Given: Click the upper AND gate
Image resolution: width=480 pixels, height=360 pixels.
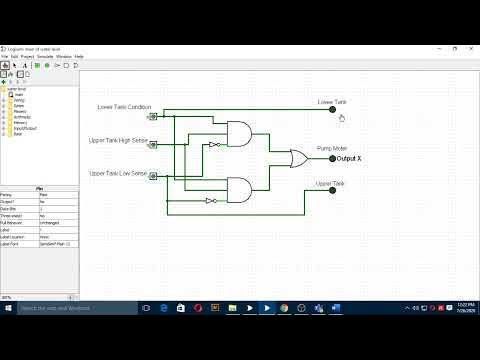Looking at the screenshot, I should point(241,134).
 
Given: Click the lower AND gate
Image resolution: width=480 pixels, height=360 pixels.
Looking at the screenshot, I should point(241,188).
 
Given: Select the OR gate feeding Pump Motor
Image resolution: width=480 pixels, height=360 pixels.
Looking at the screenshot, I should point(298,158).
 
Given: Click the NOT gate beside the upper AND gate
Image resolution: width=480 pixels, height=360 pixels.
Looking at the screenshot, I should point(214,144).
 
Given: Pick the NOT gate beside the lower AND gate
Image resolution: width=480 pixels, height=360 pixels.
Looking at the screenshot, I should point(210,200).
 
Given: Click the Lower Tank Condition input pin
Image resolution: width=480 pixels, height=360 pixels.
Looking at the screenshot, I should point(152,116).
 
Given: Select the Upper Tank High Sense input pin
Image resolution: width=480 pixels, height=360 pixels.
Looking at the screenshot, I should point(152,145).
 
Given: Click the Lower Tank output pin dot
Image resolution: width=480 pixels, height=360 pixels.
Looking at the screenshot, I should point(333,110).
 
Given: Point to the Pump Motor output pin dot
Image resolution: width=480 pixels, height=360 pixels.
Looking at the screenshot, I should point(333,158).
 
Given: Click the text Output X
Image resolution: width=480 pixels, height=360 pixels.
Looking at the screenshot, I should point(349,158).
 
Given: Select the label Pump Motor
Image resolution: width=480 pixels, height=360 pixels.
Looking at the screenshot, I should point(332,147).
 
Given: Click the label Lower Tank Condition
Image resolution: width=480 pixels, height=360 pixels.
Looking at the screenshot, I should point(124,106).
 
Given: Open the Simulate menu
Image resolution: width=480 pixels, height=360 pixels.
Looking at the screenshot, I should point(64,56).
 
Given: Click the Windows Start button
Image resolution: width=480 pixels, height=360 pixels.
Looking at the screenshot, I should point(8,308).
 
